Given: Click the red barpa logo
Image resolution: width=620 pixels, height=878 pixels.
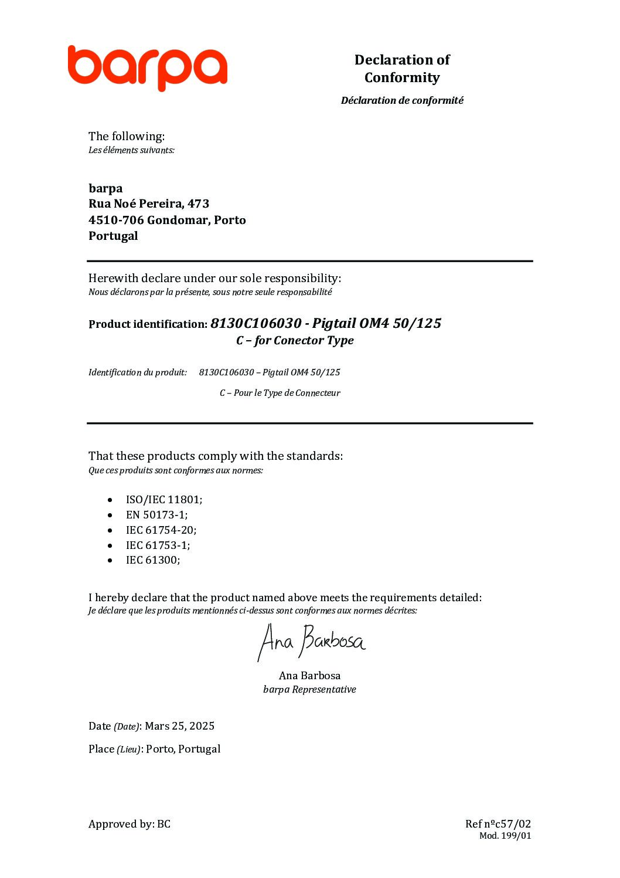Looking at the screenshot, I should coord(147,68).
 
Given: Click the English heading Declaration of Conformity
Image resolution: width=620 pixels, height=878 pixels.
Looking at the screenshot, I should coord(402,69).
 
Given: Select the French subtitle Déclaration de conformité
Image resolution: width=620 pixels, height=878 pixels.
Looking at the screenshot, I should coord(402,100).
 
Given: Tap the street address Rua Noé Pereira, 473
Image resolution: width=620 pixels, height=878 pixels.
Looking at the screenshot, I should coord(149,204).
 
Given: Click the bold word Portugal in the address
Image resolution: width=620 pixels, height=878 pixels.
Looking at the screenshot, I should coord(113,236).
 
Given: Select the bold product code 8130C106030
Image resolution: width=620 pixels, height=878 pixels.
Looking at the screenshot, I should coord(256,323).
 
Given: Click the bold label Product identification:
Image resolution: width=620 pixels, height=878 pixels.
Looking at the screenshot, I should coord(148,324).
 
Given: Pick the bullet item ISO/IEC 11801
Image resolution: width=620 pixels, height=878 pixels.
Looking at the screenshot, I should coord(163,500).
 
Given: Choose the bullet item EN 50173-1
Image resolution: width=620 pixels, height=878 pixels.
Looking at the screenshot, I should coord(156,515).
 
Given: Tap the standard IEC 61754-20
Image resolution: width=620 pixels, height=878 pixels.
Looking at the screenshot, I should coord(161,530).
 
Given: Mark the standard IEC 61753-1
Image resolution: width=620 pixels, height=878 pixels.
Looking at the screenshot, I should coord(158,545).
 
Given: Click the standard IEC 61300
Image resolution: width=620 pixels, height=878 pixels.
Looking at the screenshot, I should coord(152,560).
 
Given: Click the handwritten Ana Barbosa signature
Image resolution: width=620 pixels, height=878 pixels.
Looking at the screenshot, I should coord(311,642).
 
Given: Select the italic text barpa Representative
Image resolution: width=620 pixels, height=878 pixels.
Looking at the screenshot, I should coord(309,690).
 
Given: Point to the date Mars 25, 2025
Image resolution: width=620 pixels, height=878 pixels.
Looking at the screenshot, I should coord(179,726).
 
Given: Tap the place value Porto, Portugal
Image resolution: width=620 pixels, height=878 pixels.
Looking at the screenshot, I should coord(183,749).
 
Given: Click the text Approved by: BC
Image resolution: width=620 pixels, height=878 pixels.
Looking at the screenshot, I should coord(130,824).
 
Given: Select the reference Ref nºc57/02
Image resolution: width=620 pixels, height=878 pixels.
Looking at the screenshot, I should coord(498,824).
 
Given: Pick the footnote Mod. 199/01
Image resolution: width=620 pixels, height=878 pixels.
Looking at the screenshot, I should coord(505,836).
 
